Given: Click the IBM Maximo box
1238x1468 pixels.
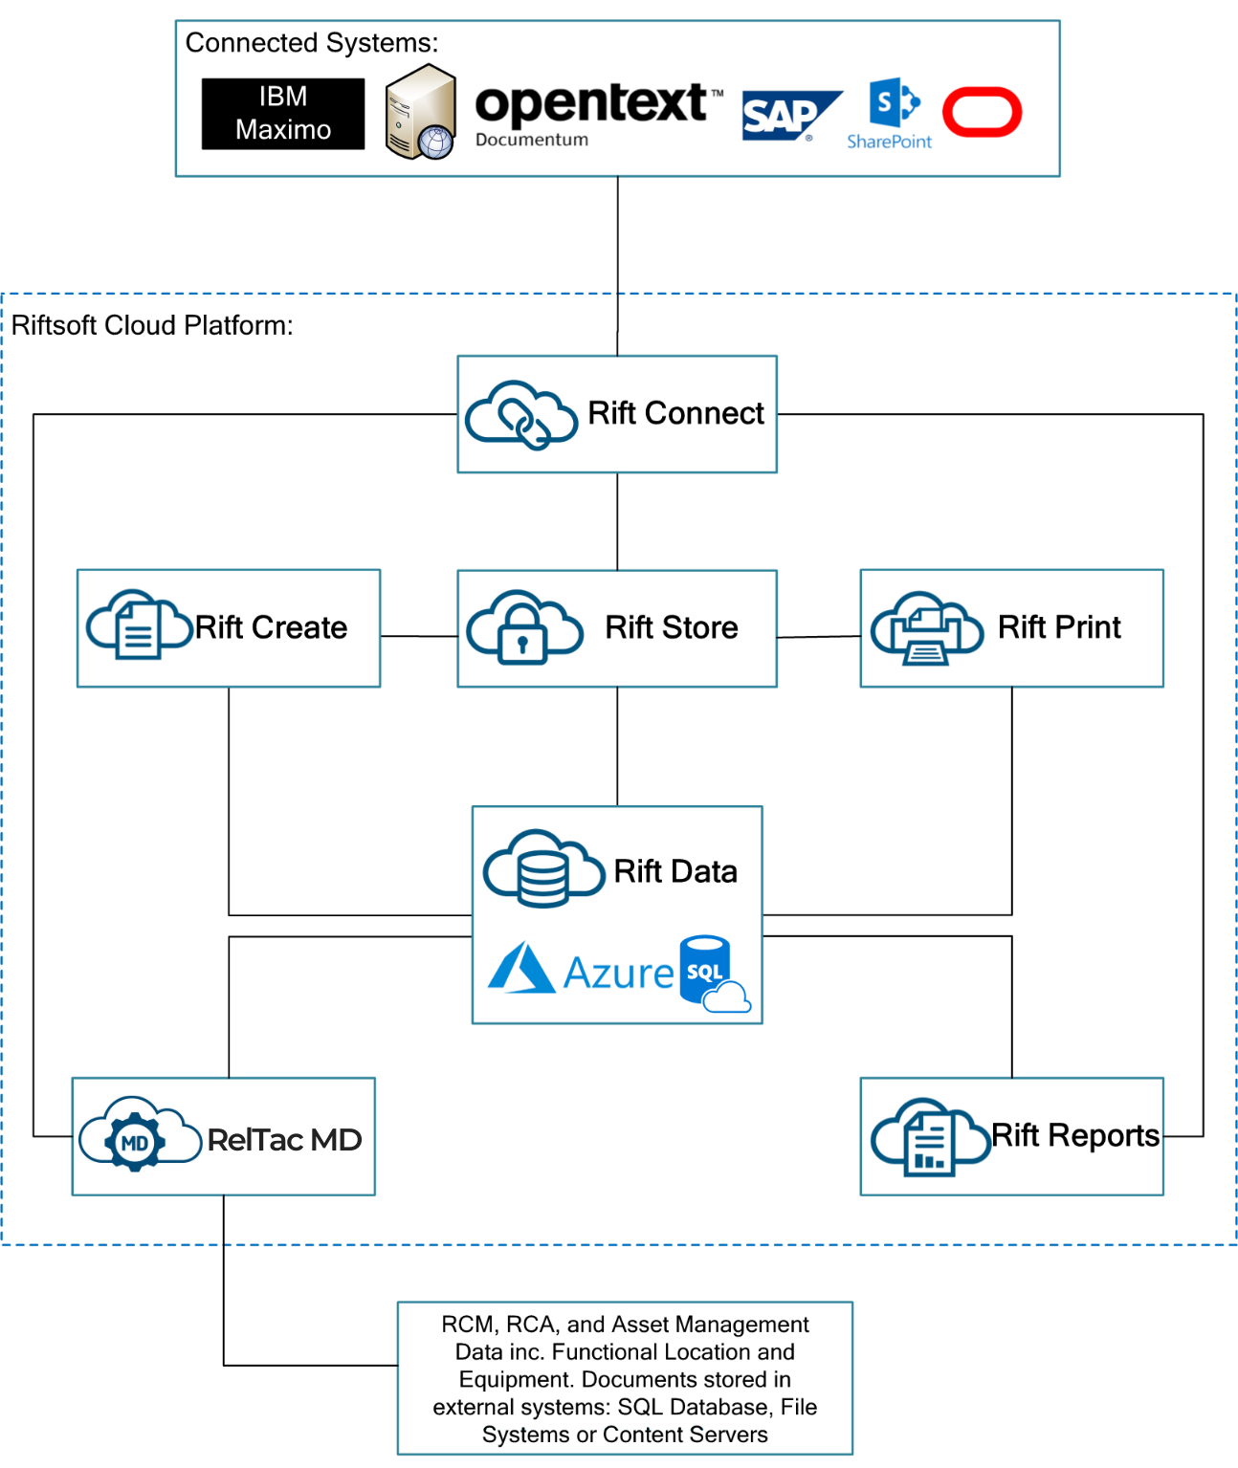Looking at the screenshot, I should (283, 114).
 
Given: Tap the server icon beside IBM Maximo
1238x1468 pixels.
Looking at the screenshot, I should (420, 113).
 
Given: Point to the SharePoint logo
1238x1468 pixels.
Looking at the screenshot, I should (891, 114).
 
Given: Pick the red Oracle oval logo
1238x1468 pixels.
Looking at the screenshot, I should (982, 112).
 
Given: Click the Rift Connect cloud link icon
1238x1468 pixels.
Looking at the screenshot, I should (521, 414).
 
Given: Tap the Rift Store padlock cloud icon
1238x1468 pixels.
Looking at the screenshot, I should (524, 626).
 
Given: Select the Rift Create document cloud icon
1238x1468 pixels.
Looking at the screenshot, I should (138, 624).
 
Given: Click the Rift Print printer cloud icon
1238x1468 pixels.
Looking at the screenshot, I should (925, 627).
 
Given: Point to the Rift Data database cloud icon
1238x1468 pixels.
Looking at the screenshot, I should (542, 868).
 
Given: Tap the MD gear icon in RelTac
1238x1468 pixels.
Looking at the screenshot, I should (133, 1139).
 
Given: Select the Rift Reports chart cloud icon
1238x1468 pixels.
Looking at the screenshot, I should (927, 1137).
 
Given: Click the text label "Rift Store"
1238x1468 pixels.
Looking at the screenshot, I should (672, 627).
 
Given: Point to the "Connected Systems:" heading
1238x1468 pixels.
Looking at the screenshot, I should (310, 43).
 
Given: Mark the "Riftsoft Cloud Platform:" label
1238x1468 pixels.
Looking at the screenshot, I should (152, 325).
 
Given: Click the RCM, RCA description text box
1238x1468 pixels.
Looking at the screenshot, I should (625, 1378).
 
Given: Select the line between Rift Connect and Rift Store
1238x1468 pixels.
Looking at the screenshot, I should (617, 521).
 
